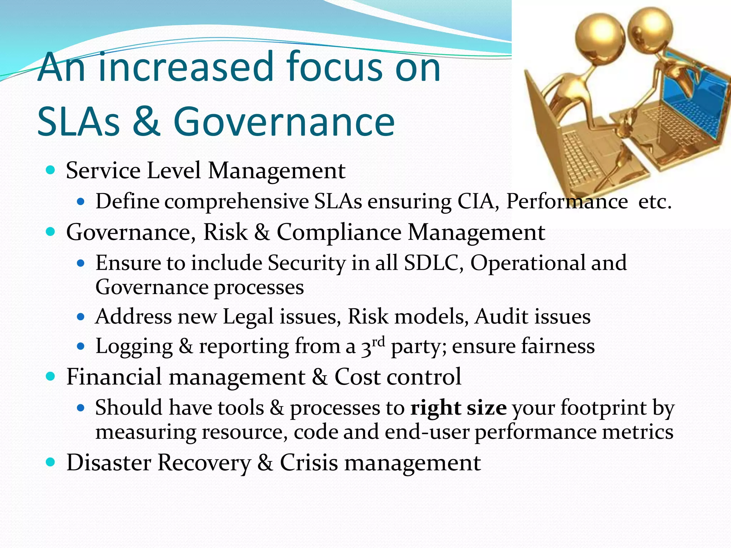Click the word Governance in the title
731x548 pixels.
click(x=284, y=122)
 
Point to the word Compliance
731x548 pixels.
click(x=339, y=232)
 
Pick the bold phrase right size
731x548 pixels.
click(x=458, y=407)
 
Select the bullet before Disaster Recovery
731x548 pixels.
click(x=51, y=462)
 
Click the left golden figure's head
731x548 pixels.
click(x=600, y=39)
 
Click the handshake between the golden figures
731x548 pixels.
click(x=628, y=121)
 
